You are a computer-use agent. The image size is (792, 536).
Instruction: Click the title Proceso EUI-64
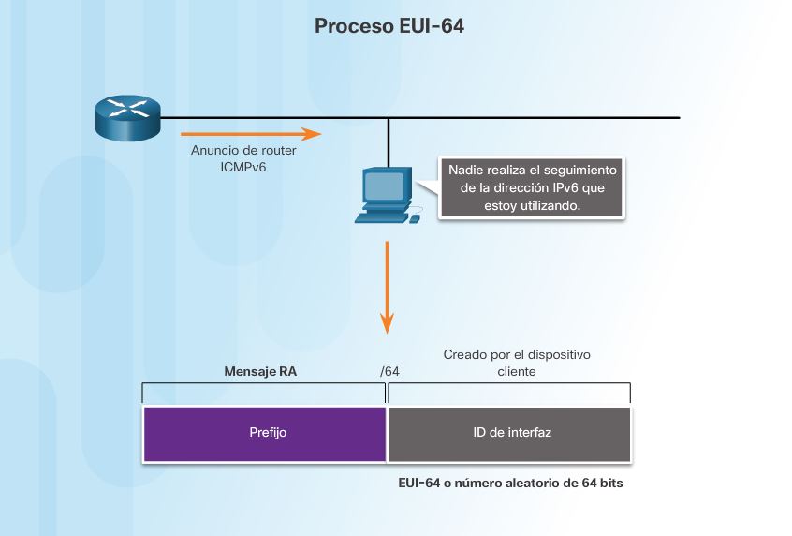[389, 26]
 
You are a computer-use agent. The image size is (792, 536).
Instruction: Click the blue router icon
[128, 118]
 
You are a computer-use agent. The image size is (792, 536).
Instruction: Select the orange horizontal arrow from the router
[250, 134]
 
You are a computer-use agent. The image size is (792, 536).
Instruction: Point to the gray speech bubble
[532, 188]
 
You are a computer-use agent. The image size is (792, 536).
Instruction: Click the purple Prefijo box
[264, 433]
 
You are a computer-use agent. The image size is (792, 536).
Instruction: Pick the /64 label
[389, 372]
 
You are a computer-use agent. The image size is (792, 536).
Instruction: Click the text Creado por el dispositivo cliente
[517, 364]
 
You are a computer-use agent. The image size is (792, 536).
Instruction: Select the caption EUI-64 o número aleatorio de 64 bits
[510, 484]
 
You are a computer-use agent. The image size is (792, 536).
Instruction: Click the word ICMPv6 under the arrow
[242, 167]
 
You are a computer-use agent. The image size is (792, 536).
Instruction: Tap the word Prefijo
[268, 433]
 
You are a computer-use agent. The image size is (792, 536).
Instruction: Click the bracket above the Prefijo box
[264, 384]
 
